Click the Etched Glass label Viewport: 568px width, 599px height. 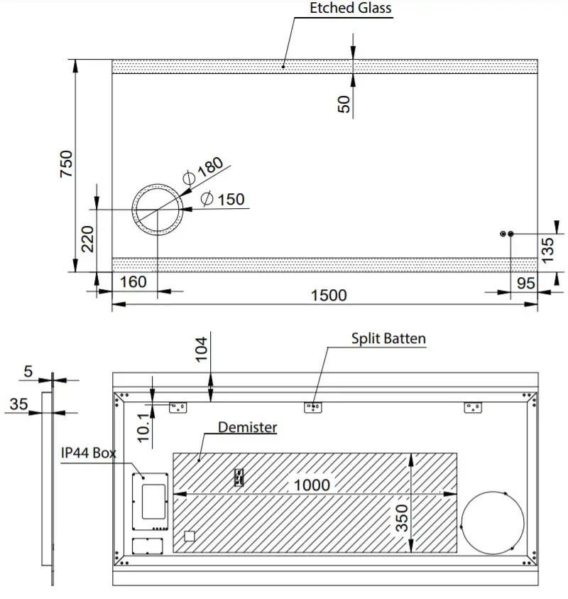click(x=351, y=9)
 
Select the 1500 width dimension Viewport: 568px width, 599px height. click(x=328, y=295)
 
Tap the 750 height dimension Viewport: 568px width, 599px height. click(x=65, y=165)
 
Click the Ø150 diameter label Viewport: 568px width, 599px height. click(x=222, y=200)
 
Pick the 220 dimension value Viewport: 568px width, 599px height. click(x=87, y=239)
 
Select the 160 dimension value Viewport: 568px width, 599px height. click(x=133, y=282)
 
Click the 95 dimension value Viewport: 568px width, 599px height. click(x=526, y=284)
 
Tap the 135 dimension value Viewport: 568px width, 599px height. click(x=548, y=250)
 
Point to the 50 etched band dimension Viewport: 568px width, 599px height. click(x=344, y=104)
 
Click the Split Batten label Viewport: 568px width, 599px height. click(x=388, y=338)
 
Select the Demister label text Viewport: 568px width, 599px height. click(x=247, y=427)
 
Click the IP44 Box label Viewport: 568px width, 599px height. click(x=89, y=453)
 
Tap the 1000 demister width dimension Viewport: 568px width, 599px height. click(x=312, y=485)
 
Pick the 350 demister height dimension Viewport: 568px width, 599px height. click(x=401, y=518)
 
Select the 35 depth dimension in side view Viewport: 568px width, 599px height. click(x=18, y=404)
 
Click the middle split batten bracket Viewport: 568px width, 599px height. click(x=313, y=408)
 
